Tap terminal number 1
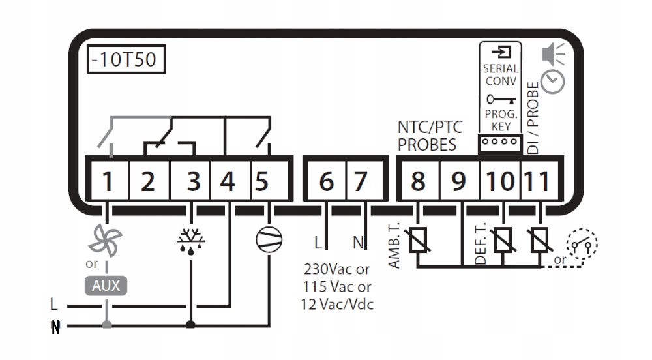108,181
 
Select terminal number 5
261,181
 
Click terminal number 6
327,181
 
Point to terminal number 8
417,181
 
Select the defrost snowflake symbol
190,241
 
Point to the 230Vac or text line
336,269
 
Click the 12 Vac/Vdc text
336,304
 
